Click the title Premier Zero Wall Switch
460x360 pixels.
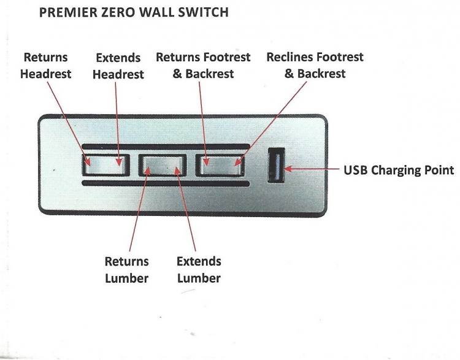(x=134, y=12)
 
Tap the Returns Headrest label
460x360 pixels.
(x=45, y=66)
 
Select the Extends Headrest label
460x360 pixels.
(x=120, y=66)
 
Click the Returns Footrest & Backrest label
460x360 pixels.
(x=203, y=65)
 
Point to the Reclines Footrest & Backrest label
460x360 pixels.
(x=315, y=65)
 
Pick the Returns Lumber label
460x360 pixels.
(x=126, y=270)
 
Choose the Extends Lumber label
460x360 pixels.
(x=199, y=270)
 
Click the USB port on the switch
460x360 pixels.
(x=275, y=167)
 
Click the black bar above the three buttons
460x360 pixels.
(x=166, y=147)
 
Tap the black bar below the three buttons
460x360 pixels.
(x=166, y=183)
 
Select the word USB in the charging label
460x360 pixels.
(x=355, y=170)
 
